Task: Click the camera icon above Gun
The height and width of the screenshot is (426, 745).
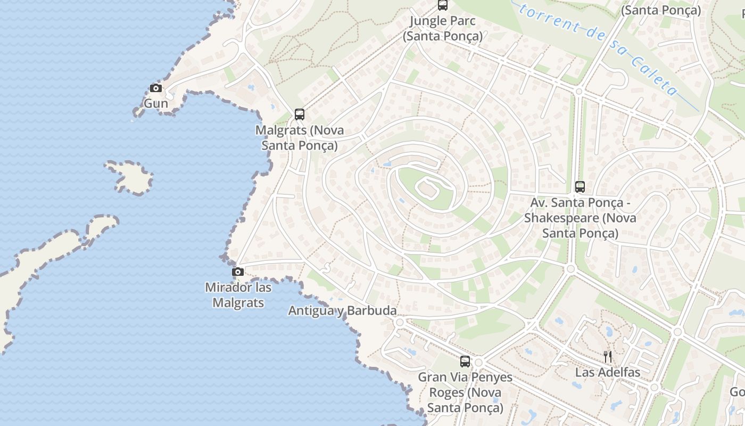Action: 156,88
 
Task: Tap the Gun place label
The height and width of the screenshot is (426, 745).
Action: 156,103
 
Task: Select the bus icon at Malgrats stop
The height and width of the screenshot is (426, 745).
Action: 300,114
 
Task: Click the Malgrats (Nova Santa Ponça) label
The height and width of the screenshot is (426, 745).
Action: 300,137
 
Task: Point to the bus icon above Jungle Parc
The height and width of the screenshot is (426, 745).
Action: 442,5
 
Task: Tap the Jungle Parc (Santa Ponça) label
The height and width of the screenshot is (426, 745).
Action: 442,29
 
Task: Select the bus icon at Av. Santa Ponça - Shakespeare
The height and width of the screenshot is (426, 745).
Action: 580,187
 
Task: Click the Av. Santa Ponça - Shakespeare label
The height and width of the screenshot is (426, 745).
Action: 580,218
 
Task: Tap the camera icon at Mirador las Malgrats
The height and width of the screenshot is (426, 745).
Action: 238,272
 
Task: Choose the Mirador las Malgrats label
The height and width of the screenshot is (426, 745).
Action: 238,295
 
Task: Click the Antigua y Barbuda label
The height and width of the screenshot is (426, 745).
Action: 342,310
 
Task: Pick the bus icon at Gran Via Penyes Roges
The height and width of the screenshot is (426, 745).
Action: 465,362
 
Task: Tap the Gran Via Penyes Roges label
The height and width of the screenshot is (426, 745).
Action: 465,392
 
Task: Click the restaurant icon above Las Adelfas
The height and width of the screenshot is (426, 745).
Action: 608,357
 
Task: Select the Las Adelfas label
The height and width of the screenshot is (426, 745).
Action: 608,372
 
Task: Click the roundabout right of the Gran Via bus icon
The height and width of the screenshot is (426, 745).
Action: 478,363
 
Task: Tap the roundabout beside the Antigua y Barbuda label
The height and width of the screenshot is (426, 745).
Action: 400,322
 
